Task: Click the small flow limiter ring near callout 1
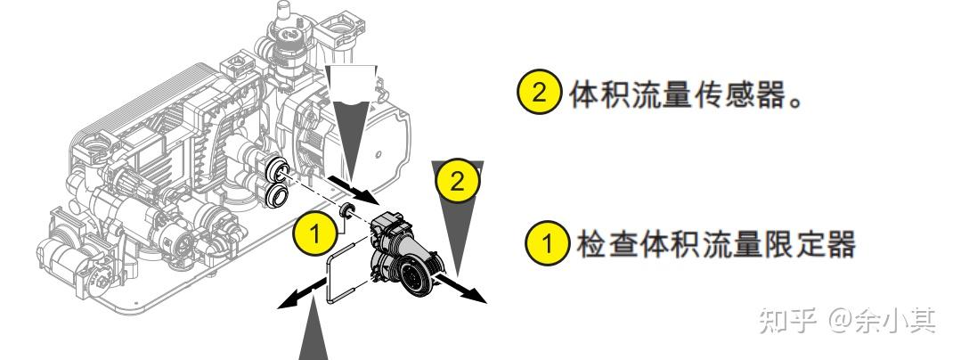pyautogui.click(x=346, y=209)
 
